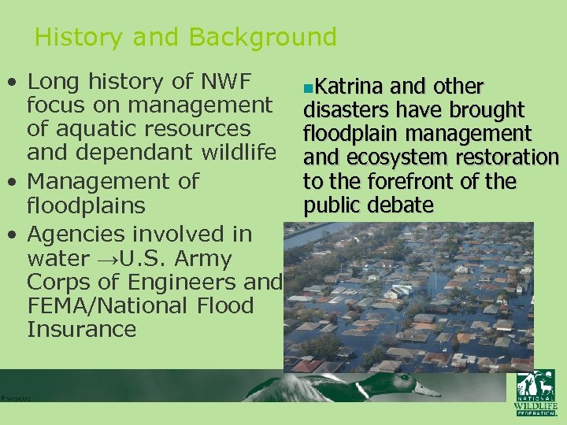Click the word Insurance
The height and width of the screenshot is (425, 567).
(x=81, y=329)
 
